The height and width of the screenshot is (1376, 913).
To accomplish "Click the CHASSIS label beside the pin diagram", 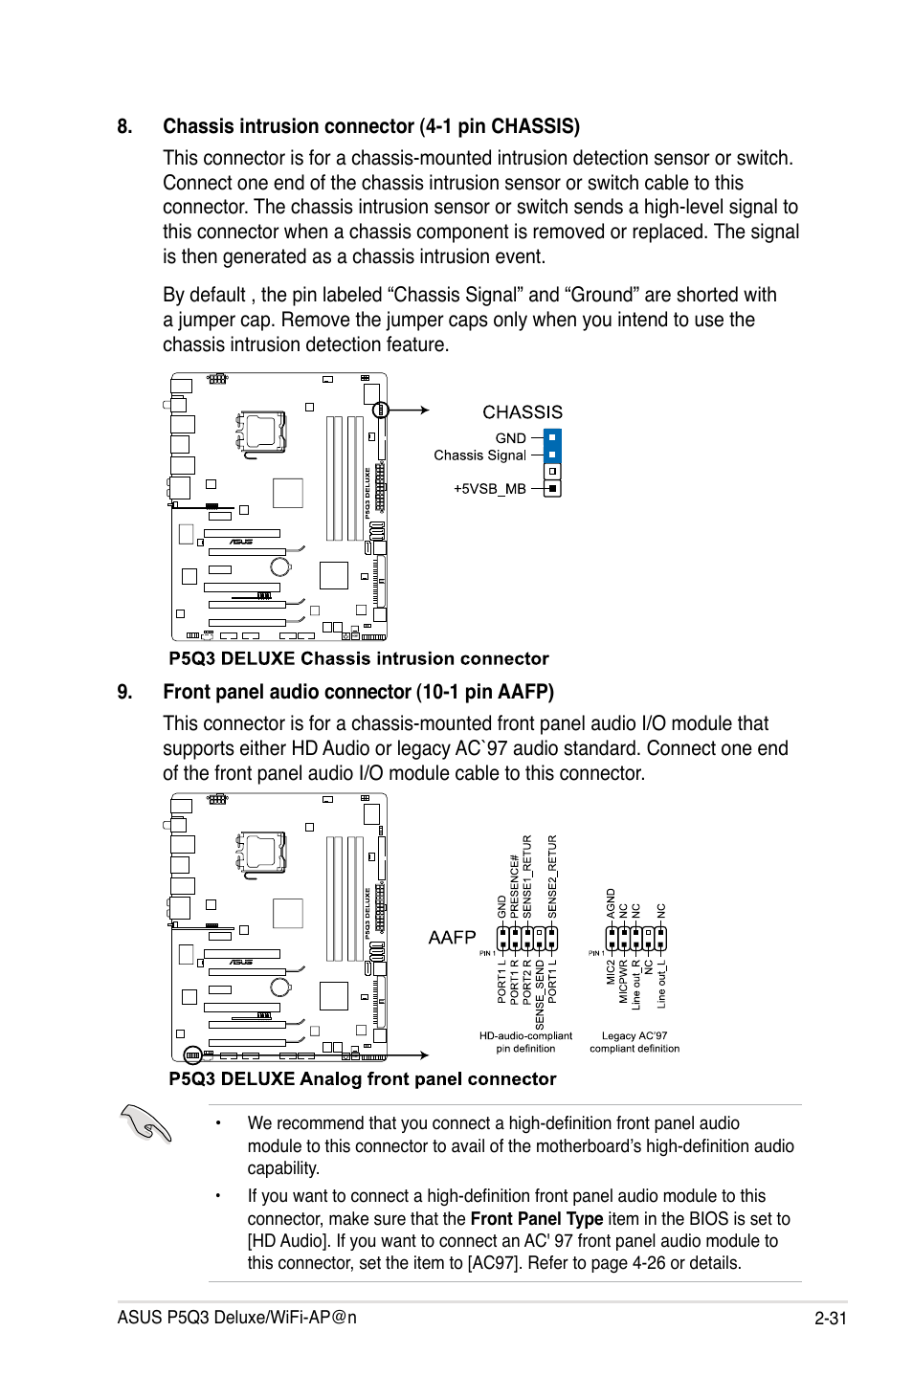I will coord(522,412).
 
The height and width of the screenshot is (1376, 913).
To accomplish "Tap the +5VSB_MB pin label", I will coord(490,489).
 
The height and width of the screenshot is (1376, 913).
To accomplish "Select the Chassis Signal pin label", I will coord(479,455).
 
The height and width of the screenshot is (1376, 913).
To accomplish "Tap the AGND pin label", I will coord(611,904).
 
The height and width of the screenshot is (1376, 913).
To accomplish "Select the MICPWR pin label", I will coord(623,984).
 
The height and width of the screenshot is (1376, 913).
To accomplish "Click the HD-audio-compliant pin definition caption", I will coord(525,1042).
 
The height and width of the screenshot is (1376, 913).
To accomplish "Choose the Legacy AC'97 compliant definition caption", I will coord(635,1042).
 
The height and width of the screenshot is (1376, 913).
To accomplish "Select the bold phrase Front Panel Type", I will coord(537,1219).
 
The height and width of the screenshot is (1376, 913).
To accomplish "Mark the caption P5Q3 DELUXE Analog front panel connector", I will coord(362,1079).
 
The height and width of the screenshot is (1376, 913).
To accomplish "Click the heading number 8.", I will coord(124,127).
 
